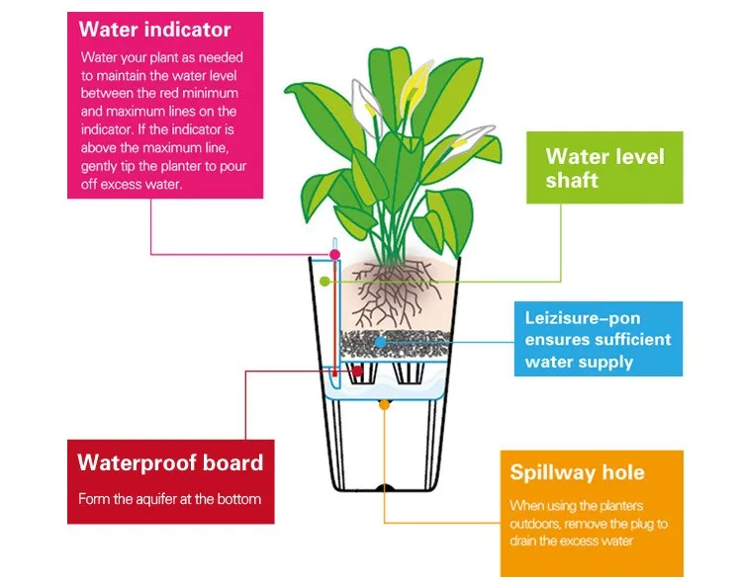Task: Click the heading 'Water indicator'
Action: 154,29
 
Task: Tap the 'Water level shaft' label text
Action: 604,168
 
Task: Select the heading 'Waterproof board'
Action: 170,462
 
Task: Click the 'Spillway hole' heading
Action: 577,472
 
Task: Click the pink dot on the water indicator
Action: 335,254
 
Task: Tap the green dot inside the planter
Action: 325,281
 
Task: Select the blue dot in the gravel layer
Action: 380,341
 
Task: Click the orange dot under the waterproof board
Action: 384,403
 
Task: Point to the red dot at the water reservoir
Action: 335,373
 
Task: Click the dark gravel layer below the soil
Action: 396,346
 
